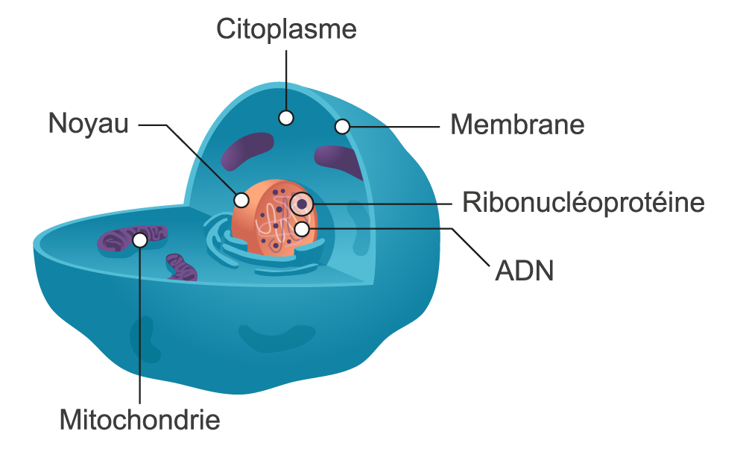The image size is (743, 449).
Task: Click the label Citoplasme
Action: [x=287, y=30]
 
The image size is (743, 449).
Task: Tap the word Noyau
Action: [x=89, y=124]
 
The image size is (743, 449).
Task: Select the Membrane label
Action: [x=517, y=125]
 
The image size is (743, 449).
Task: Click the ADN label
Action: [x=525, y=270]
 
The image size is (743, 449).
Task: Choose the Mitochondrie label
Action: [x=140, y=419]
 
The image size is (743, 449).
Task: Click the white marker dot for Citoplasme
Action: [x=286, y=117]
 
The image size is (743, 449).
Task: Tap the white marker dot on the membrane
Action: [x=342, y=127]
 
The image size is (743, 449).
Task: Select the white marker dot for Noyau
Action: [x=241, y=200]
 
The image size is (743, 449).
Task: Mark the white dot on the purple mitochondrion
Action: [x=140, y=239]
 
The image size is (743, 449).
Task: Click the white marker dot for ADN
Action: [x=302, y=229]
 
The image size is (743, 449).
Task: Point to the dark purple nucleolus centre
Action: [x=302, y=202]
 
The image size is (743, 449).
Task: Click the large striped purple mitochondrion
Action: [x=119, y=240]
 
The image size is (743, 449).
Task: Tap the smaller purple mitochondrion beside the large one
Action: [x=181, y=266]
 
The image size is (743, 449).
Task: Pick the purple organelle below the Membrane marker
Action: [x=340, y=159]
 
